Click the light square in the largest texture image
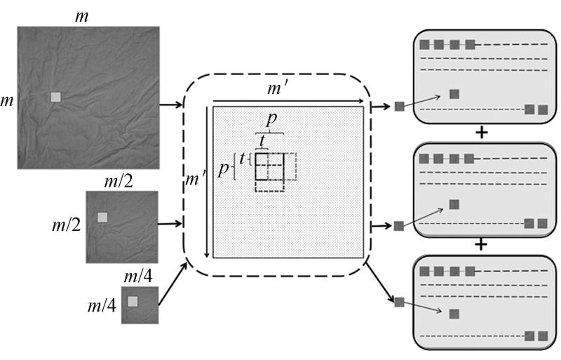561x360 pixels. pyautogui.click(x=56, y=98)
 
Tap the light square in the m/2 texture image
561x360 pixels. pyautogui.click(x=103, y=218)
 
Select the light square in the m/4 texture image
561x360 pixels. pyautogui.click(x=133, y=301)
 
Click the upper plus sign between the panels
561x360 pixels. pyautogui.click(x=480, y=132)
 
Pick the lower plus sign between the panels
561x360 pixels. pyautogui.click(x=480, y=245)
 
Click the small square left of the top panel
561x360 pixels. pyautogui.click(x=399, y=107)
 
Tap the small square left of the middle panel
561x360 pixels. pyautogui.click(x=399, y=226)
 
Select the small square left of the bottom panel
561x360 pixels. pyautogui.click(x=399, y=302)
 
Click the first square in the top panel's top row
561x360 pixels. pyautogui.click(x=424, y=45)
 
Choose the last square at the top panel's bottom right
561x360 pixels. pyautogui.click(x=542, y=109)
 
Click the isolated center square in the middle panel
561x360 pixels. pyautogui.click(x=454, y=204)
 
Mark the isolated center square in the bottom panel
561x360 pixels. pyautogui.click(x=454, y=314)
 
